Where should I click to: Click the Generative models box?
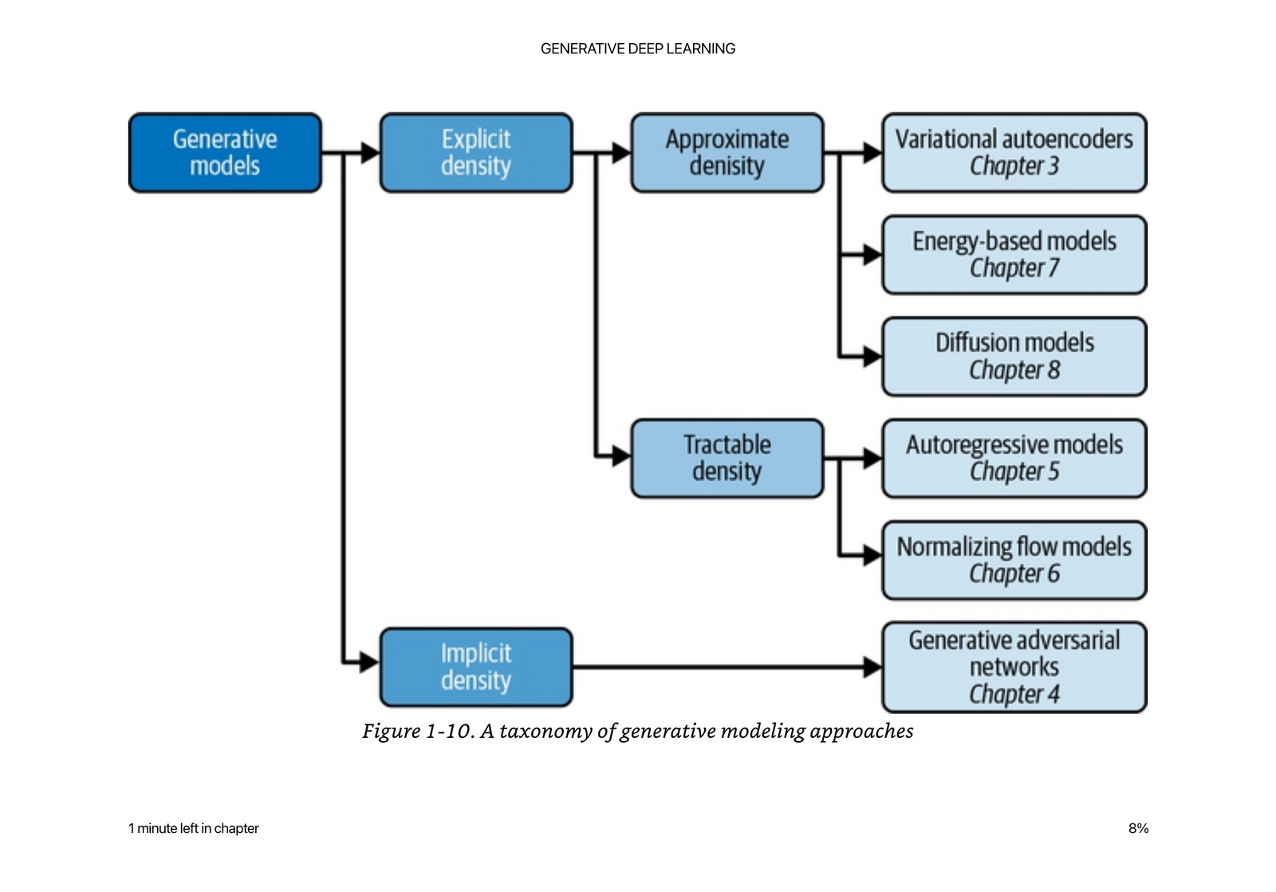point(225,152)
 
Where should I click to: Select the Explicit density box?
point(476,152)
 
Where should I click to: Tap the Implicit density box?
point(476,667)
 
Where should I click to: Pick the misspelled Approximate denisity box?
point(727,152)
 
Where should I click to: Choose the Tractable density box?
point(727,458)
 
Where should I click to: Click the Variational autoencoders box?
point(1014,152)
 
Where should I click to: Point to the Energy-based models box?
point(1014,255)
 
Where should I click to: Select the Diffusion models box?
point(1014,357)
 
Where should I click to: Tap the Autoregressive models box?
point(1014,458)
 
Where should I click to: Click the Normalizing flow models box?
point(1014,560)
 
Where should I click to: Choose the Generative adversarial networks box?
point(1014,667)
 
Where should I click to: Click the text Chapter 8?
point(1014,370)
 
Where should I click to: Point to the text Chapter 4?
point(1014,694)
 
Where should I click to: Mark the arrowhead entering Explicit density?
point(370,152)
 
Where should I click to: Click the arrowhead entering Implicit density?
point(369,661)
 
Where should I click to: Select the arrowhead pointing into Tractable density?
point(620,456)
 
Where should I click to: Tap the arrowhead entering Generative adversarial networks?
point(872,667)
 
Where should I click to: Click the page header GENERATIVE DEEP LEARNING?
point(638,49)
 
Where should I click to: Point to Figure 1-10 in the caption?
point(416,731)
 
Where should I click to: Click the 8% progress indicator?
point(1138,828)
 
